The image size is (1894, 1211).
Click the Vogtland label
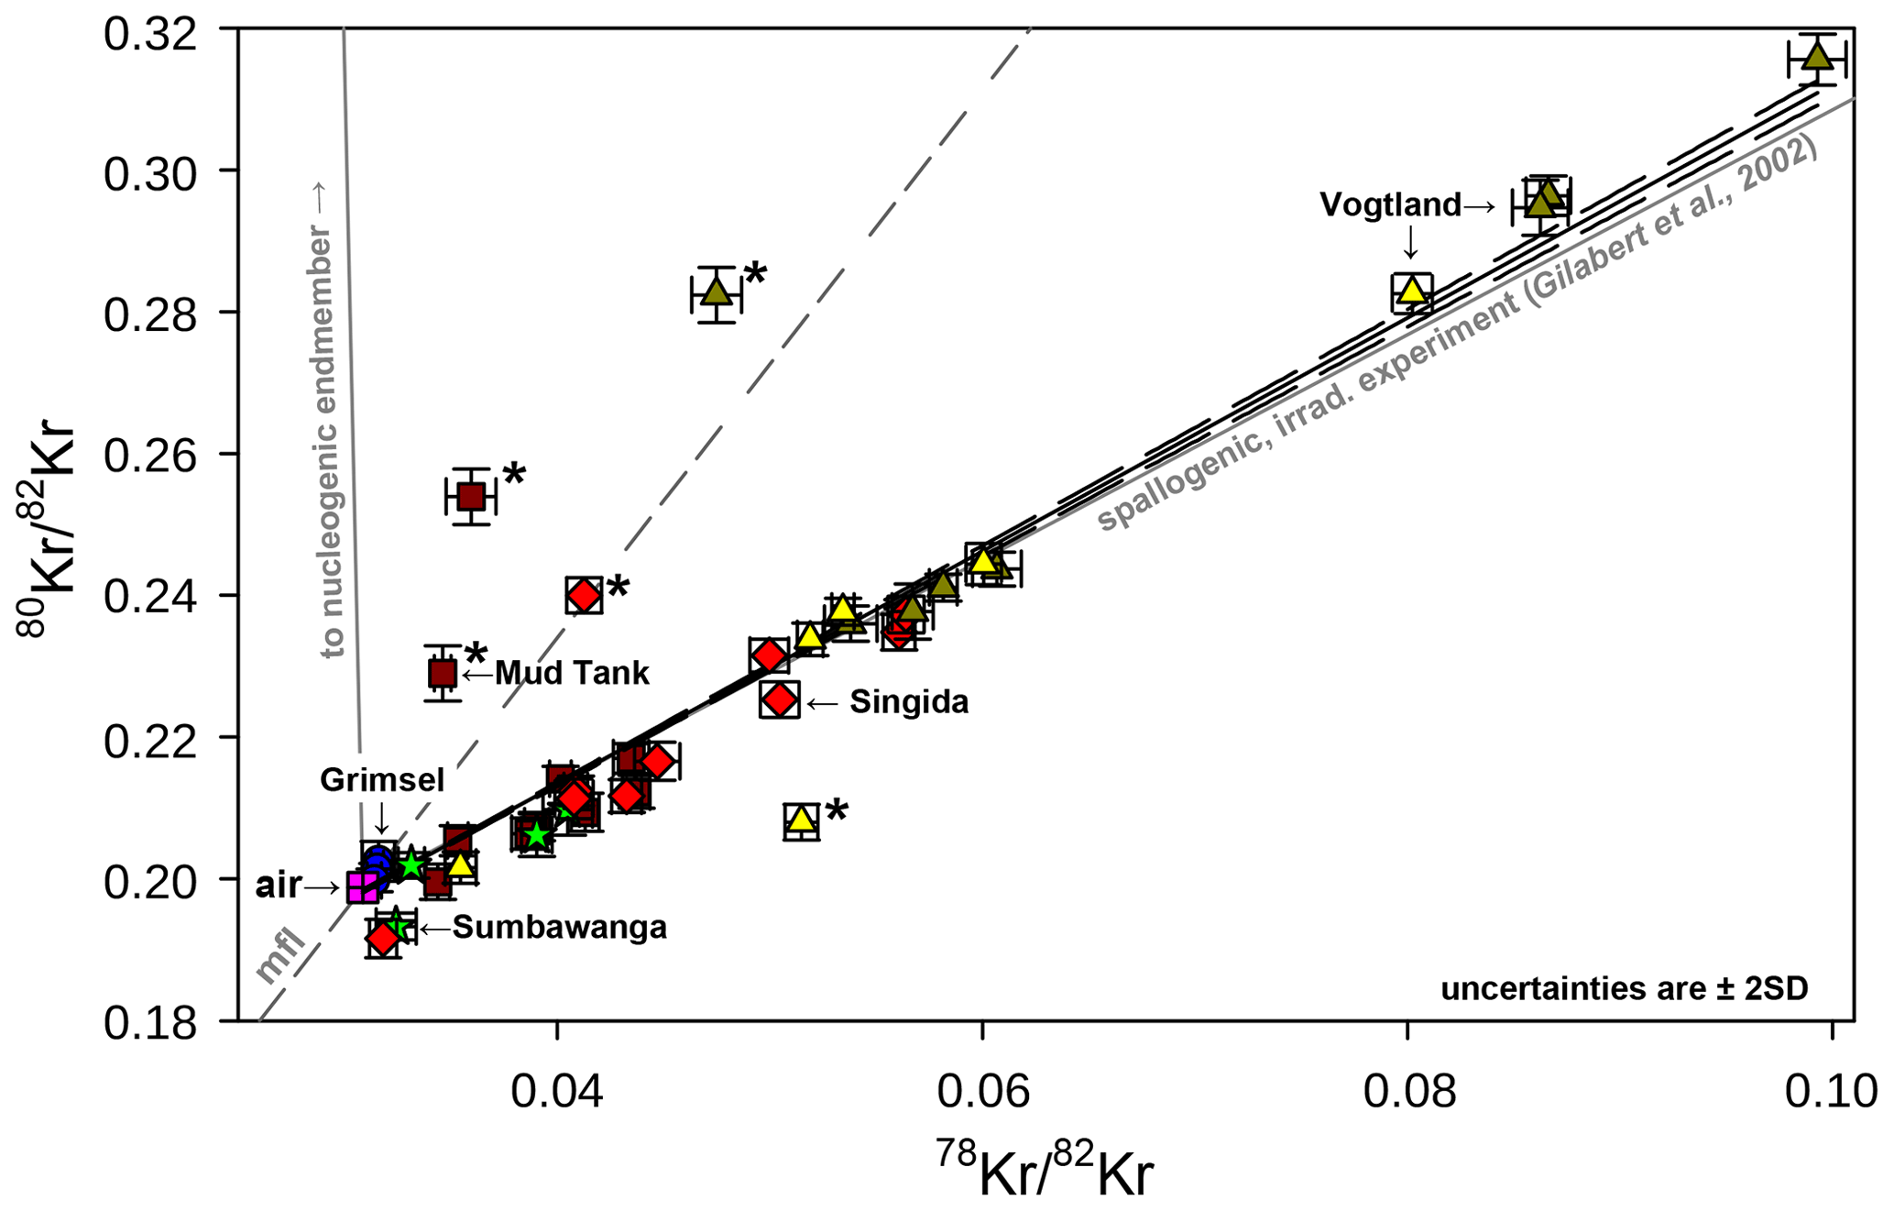1389,204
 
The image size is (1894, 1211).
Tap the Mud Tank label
572,674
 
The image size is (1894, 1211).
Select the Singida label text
908,702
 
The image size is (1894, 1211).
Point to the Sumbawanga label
559,928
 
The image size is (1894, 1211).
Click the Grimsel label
381,780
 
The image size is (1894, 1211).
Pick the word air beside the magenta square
279,886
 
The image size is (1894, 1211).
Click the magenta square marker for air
363,886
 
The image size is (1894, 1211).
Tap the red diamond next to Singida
780,699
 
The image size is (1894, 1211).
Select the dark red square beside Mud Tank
443,674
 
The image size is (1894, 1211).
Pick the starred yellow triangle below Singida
802,819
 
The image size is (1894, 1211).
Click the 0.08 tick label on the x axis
1408,1093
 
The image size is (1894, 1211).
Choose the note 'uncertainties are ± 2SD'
1624,989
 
